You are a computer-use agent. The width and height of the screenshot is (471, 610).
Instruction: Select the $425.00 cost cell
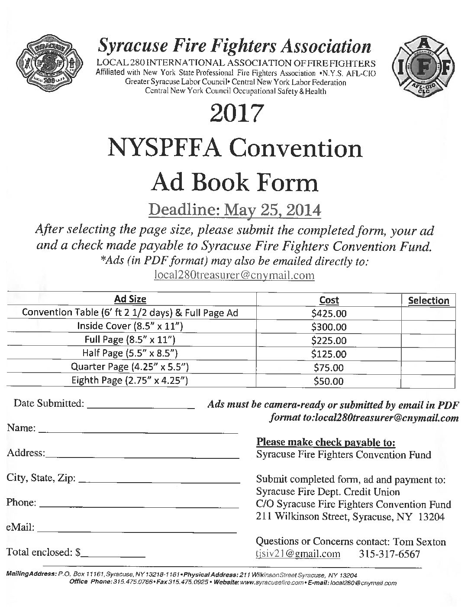coord(329,313)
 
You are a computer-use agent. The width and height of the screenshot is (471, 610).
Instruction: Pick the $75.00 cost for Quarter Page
coord(329,368)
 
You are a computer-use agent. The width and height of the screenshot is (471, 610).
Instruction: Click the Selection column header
coord(429,301)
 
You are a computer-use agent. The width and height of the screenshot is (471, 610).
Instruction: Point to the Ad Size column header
coord(130,299)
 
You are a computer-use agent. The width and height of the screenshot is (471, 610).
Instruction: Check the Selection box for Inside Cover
coord(429,327)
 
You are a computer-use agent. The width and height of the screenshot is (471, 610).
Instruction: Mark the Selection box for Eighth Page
coord(429,381)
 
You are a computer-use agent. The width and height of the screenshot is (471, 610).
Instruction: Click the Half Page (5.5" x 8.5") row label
coord(130,353)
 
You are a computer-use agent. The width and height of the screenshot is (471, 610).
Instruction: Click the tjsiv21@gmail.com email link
coord(298,554)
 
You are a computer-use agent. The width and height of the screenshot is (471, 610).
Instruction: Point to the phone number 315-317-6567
coord(390,554)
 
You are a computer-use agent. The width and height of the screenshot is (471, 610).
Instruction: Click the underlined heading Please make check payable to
coord(326,442)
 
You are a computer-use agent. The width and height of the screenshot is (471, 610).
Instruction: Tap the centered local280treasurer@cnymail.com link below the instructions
coord(234,275)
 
